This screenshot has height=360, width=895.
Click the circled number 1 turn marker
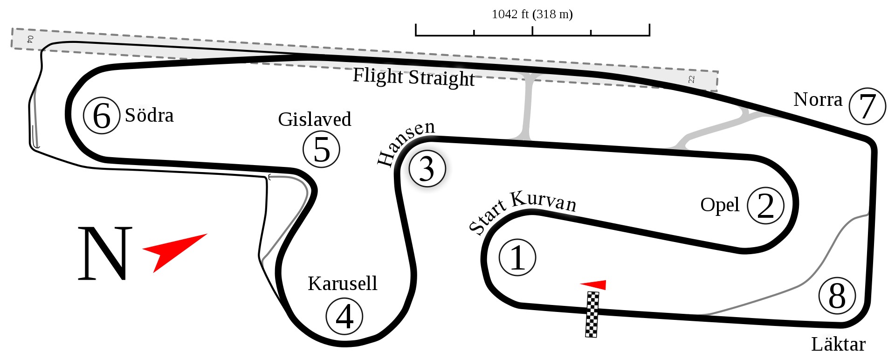[517, 257]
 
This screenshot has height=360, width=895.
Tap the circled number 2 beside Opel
[765, 205]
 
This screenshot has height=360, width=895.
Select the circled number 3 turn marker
[427, 168]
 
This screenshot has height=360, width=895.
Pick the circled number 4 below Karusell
[344, 316]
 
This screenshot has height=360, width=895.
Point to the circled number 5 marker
[322, 149]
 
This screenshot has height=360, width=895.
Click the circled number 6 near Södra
[102, 115]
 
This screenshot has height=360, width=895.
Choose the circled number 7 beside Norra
[867, 106]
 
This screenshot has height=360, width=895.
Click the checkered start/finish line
[592, 314]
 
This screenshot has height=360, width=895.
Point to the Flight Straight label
[413, 77]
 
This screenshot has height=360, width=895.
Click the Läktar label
[838, 344]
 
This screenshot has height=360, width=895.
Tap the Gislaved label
[315, 119]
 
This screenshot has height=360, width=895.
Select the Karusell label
[343, 283]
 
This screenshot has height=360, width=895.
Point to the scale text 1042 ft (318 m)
[532, 14]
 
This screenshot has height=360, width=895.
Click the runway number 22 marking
[691, 79]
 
